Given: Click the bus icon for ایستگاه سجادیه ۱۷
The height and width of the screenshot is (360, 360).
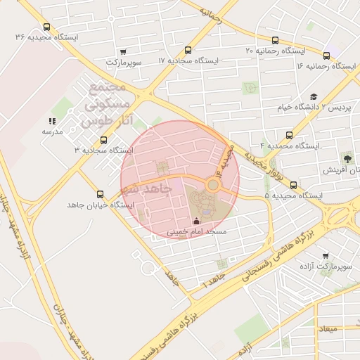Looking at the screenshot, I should click(x=188, y=51).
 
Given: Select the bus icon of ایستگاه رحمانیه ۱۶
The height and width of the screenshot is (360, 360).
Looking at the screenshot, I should click(x=327, y=56).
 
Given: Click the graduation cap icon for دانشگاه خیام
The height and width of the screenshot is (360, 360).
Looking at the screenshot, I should click(x=314, y=97).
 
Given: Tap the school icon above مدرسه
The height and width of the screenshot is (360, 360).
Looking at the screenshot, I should click(x=52, y=121).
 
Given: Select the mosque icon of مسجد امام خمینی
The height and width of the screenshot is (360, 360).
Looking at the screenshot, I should click(x=195, y=222).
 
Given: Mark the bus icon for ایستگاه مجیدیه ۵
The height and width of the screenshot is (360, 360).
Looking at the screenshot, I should click(x=293, y=186).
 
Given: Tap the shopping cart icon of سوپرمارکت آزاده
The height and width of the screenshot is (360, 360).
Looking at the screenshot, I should click(x=325, y=257).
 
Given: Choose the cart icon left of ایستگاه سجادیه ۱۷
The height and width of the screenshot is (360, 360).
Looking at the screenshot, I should click(x=124, y=51).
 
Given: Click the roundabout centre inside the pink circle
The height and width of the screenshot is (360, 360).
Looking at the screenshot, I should click(x=212, y=185).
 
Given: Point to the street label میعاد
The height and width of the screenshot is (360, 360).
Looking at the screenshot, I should click(x=328, y=329).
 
